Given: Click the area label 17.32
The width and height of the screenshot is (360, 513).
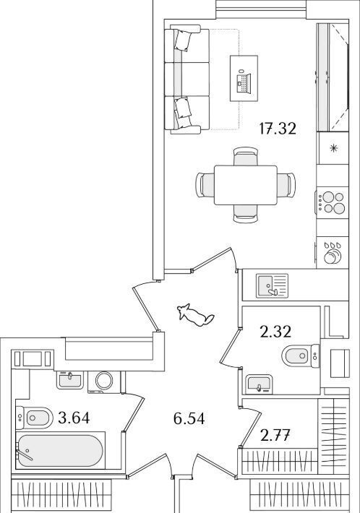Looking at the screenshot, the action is [x=278, y=129].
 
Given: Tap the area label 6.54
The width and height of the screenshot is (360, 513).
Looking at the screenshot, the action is [x=189, y=418].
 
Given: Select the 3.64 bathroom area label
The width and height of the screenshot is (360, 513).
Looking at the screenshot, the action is [x=74, y=418].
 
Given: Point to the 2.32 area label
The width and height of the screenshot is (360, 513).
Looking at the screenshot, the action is [x=275, y=332].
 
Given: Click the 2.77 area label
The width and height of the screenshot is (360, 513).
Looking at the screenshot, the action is [x=275, y=436].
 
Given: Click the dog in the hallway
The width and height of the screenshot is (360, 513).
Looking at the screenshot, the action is [x=195, y=315].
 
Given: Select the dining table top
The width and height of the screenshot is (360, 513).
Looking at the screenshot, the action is [x=246, y=185].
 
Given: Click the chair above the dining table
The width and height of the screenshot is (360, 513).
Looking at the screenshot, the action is [x=246, y=156].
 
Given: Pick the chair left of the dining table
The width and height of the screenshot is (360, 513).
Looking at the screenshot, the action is [x=205, y=185].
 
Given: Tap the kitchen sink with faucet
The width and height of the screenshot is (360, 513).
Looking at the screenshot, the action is [x=273, y=286].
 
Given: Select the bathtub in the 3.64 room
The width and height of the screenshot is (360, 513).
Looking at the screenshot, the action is [x=60, y=451].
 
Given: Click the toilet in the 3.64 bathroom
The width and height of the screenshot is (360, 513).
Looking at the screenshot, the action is [x=34, y=418].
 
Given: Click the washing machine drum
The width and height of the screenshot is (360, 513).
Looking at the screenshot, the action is [x=104, y=380].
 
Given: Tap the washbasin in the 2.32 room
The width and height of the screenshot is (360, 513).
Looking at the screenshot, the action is [x=258, y=384].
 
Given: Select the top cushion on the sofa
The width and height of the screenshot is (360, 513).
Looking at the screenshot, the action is [x=183, y=40].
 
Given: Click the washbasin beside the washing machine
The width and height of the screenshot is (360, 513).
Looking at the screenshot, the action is [x=69, y=380].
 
